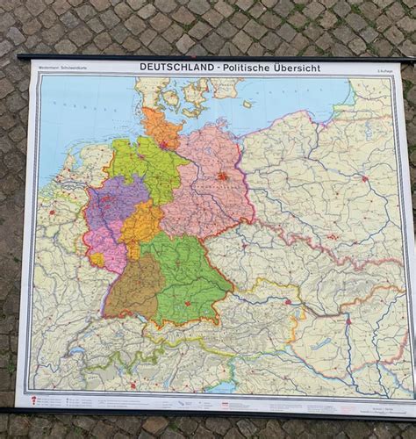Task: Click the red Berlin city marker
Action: click(x=223, y=176)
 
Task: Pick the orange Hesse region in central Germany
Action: click(x=141, y=228)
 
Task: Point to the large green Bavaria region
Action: click(x=189, y=277)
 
